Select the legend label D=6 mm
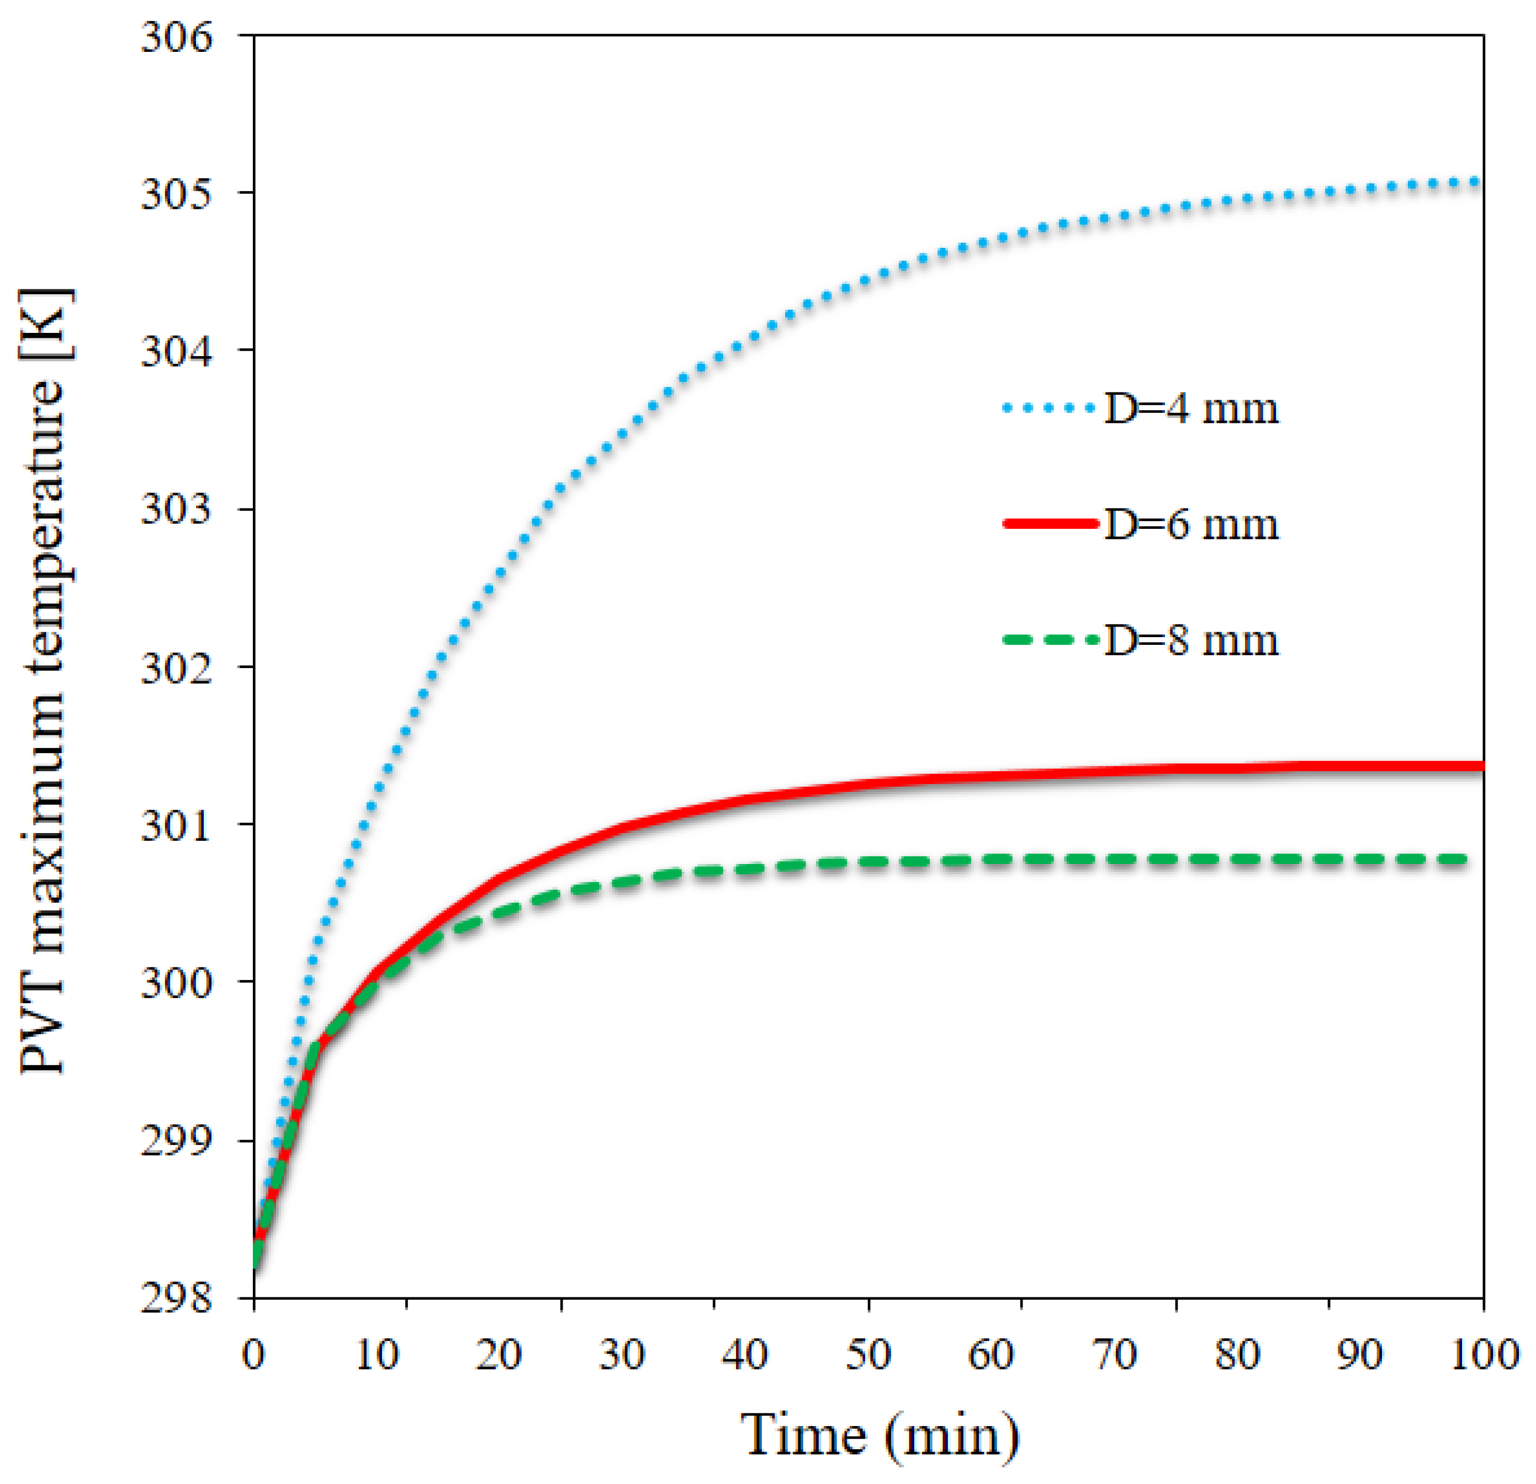point(1191,523)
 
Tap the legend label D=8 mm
point(1191,640)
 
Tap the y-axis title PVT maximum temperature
point(45,682)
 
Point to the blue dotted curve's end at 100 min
point(1477,182)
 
